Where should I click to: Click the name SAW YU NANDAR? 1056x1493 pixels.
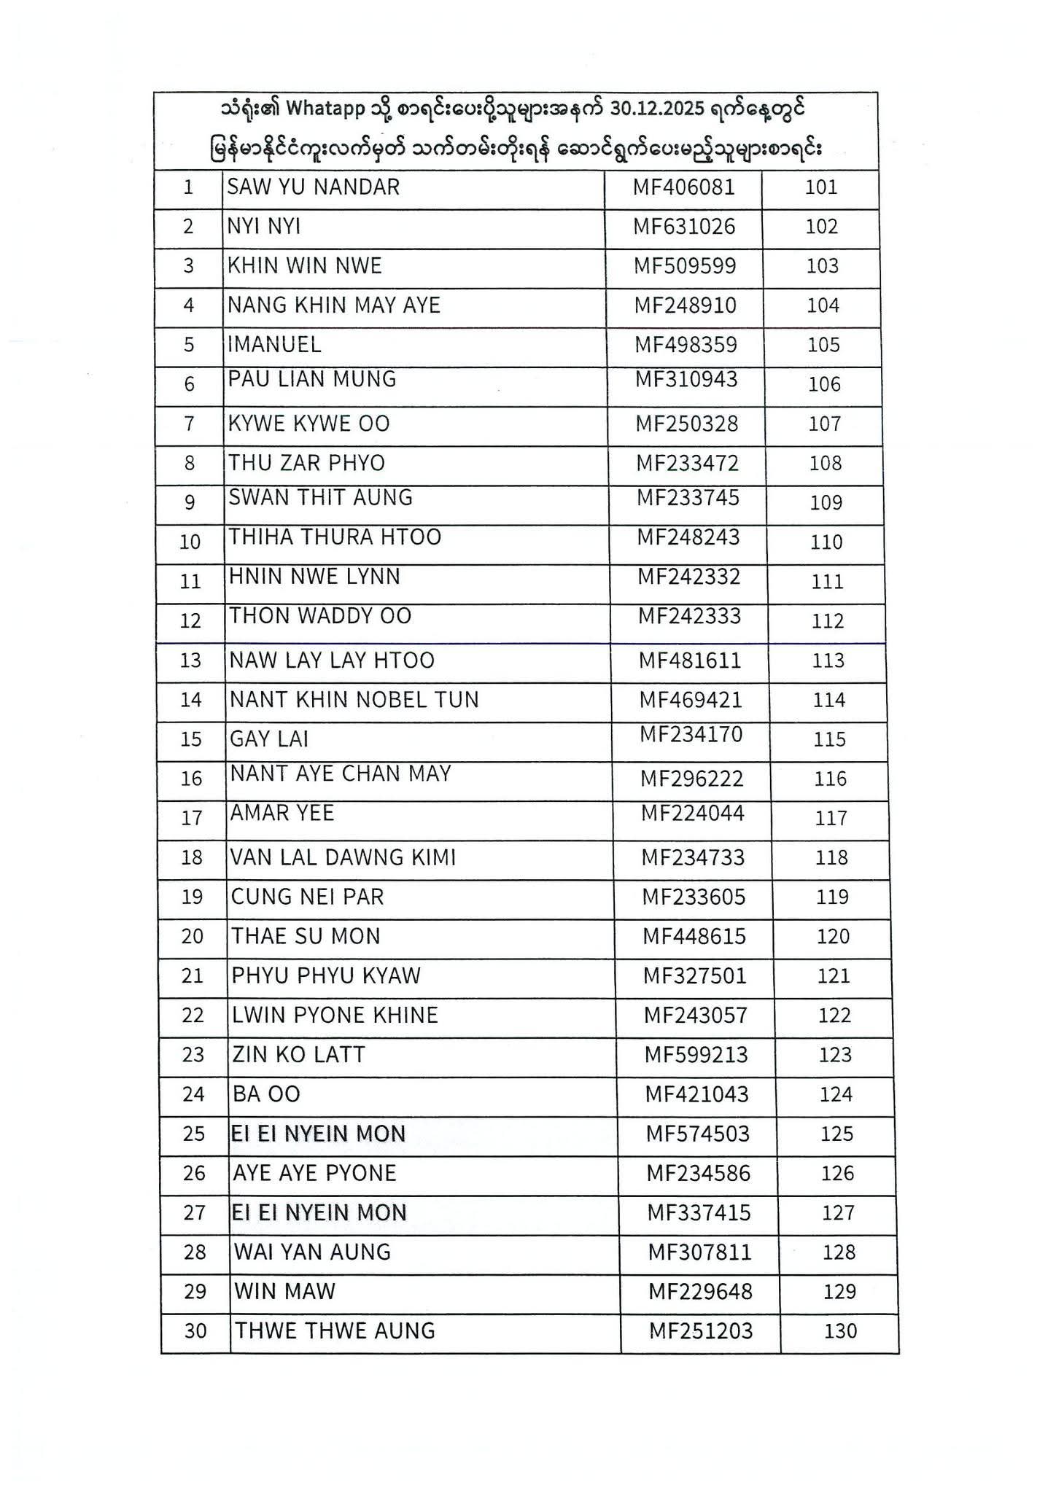(x=313, y=187)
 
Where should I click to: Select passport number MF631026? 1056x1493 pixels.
(x=683, y=227)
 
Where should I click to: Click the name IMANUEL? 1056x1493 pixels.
(x=274, y=345)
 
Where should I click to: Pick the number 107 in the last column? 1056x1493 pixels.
(x=825, y=424)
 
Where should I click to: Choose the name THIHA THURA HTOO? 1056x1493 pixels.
(x=335, y=537)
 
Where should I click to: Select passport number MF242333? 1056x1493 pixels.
(x=689, y=616)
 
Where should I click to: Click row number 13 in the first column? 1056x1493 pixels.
(x=190, y=660)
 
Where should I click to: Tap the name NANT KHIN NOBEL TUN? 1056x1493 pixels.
(x=354, y=700)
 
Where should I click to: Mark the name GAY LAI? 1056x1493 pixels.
(x=269, y=739)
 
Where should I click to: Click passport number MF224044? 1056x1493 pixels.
(x=692, y=813)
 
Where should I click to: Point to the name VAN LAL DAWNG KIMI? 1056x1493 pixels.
(x=343, y=857)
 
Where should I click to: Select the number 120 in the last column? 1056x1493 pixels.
(x=833, y=936)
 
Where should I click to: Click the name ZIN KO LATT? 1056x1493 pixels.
(x=298, y=1055)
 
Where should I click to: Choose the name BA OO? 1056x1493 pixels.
(x=266, y=1094)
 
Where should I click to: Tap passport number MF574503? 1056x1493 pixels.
(x=698, y=1134)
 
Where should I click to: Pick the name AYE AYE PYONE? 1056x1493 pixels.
(x=314, y=1173)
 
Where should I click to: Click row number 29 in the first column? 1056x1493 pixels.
(x=195, y=1291)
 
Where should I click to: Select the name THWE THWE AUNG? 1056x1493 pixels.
(x=334, y=1330)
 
